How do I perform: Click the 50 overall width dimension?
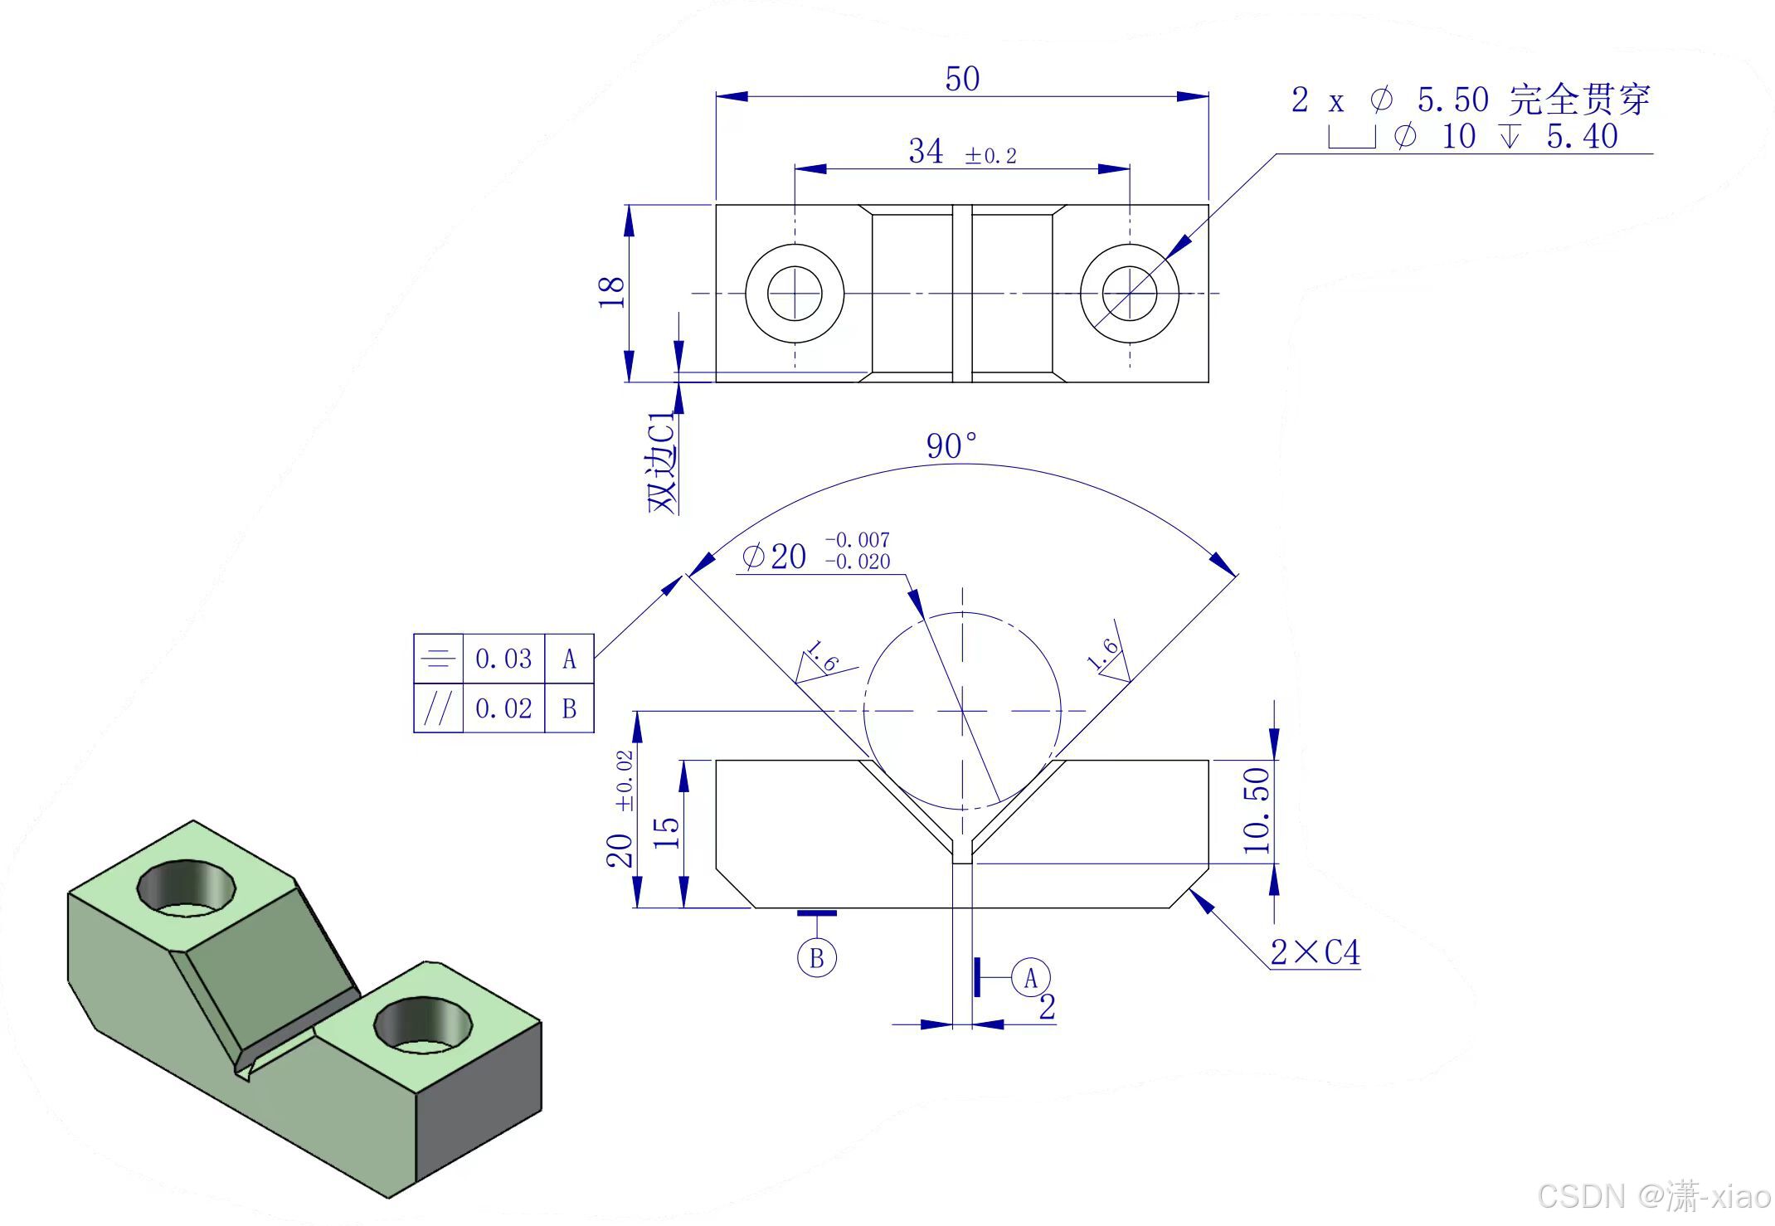(x=962, y=79)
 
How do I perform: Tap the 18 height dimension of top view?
(x=611, y=292)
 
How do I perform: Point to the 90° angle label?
(x=951, y=446)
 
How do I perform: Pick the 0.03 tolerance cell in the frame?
(x=503, y=659)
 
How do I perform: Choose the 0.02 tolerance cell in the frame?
(x=503, y=708)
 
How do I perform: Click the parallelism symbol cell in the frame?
(x=438, y=708)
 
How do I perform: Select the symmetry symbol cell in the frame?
(x=438, y=659)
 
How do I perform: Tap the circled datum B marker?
(x=816, y=958)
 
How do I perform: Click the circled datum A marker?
(x=1031, y=979)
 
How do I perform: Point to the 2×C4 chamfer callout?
(x=1315, y=952)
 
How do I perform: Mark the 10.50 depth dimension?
(x=1257, y=810)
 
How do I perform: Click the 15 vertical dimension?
(x=667, y=833)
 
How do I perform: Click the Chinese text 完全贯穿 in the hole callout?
(x=1579, y=100)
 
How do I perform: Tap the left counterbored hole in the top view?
(x=795, y=293)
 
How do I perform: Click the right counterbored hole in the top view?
(x=1129, y=293)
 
